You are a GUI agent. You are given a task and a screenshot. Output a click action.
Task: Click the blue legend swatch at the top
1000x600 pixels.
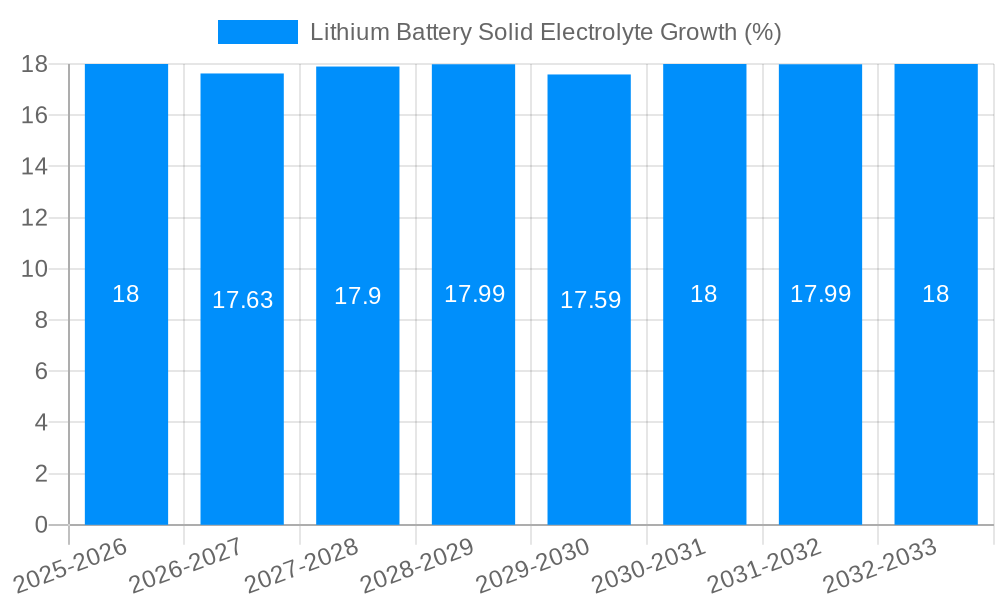[257, 32]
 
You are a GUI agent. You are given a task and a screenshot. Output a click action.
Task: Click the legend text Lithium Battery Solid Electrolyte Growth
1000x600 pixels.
[545, 32]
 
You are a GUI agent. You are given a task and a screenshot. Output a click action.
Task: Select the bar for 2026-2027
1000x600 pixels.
[242, 400]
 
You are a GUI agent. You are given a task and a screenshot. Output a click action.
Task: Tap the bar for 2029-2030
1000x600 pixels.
[589, 400]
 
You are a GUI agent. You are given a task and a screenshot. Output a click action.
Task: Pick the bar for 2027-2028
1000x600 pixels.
[358, 400]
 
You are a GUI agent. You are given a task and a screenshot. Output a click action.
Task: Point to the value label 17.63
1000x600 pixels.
[242, 300]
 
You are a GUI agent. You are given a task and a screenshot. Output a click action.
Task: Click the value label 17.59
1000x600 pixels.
[590, 300]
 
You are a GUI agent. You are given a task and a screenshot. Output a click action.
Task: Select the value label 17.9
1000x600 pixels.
[358, 296]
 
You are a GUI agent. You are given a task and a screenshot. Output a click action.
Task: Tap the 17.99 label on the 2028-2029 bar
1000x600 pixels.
[474, 294]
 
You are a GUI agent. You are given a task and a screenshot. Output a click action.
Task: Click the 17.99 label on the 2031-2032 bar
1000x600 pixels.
[820, 294]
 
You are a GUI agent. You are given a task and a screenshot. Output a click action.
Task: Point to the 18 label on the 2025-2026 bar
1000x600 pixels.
[126, 294]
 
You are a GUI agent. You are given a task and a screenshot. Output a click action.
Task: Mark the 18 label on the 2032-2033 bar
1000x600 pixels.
[935, 294]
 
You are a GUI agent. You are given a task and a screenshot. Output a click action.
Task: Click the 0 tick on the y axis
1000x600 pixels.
[41, 525]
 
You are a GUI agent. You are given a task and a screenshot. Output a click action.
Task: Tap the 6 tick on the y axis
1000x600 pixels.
[41, 371]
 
